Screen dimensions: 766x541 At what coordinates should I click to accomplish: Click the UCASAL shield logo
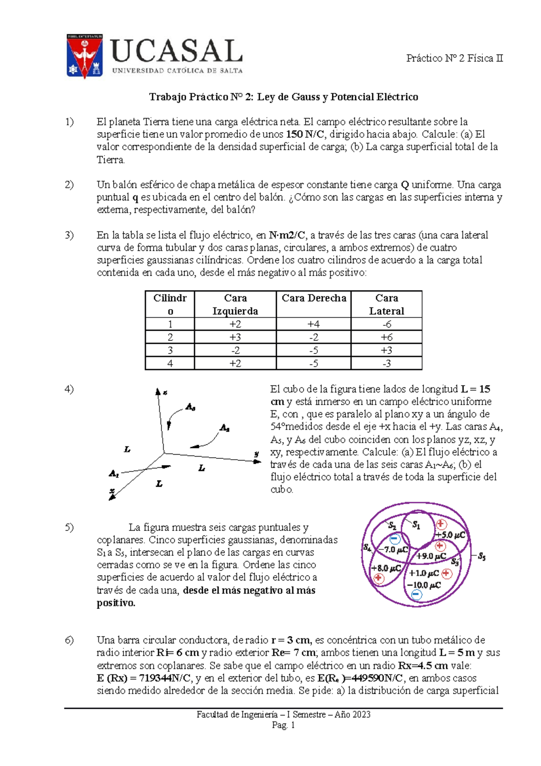tap(84, 56)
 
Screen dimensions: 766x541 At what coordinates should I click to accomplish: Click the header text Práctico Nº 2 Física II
tap(454, 58)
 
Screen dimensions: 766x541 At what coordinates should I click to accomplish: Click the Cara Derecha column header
tap(314, 298)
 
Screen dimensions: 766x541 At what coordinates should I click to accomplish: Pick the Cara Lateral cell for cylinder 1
tap(386, 324)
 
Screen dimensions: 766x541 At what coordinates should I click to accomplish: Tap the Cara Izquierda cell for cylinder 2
tap(235, 337)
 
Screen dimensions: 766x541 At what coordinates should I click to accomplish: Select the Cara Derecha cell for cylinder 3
tap(314, 350)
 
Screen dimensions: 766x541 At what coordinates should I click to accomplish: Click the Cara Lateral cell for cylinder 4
tap(386, 363)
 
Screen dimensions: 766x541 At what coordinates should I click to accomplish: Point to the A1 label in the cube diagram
tap(114, 474)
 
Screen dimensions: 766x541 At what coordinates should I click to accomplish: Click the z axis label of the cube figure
tap(165, 392)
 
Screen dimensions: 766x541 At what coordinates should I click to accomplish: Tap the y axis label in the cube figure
tap(257, 454)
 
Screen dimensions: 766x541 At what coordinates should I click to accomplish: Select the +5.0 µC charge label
tap(450, 535)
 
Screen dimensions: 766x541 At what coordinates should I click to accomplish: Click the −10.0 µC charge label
tap(424, 585)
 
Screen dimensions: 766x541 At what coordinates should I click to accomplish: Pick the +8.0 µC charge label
tap(385, 568)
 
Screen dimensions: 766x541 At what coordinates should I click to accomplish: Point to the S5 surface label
tap(481, 556)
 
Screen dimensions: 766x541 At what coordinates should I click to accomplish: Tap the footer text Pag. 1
tap(283, 725)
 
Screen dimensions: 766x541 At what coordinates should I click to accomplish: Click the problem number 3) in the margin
tap(69, 235)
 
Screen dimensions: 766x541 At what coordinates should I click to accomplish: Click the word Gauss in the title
tap(306, 97)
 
